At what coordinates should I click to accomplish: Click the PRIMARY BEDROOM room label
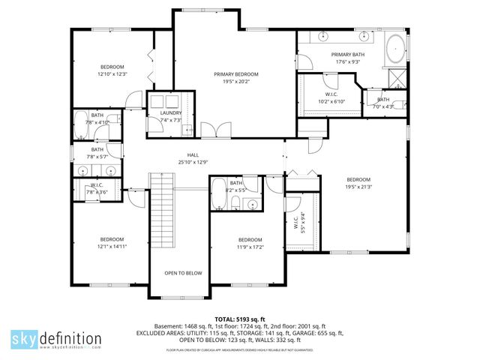235,74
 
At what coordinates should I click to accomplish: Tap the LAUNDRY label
171,112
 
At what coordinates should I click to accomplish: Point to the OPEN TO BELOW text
184,273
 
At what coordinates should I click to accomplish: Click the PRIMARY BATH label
347,55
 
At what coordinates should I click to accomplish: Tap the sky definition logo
55,339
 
